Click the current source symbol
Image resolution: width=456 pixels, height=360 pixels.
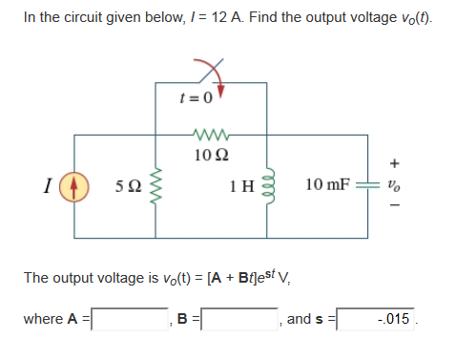tap(76, 183)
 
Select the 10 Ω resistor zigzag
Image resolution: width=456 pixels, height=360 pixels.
tap(207, 135)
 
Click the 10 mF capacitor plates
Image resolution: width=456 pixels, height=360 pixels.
tap(368, 183)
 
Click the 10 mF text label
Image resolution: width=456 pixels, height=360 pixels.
tap(328, 182)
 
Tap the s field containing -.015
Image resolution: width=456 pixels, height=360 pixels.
tap(378, 317)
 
